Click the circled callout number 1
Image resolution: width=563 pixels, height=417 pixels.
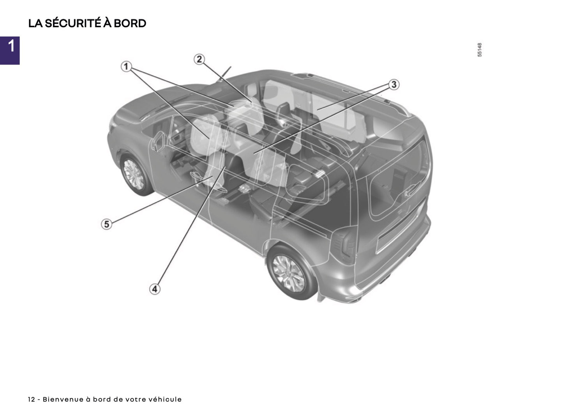126,67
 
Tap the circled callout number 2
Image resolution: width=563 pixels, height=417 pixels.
199,59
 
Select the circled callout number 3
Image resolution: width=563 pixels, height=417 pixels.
394,85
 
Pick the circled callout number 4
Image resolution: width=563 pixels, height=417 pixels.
155,289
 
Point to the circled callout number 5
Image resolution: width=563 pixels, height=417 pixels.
106,224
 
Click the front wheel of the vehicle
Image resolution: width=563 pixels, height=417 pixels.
134,174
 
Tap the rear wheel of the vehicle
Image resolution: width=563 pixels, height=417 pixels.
289,273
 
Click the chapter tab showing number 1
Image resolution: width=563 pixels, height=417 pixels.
10,50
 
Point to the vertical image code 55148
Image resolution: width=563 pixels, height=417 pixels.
480,50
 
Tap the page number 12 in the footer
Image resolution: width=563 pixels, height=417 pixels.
31,399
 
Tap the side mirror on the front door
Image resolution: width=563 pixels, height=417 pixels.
159,141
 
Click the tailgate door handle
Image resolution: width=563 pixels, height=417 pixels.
410,191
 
